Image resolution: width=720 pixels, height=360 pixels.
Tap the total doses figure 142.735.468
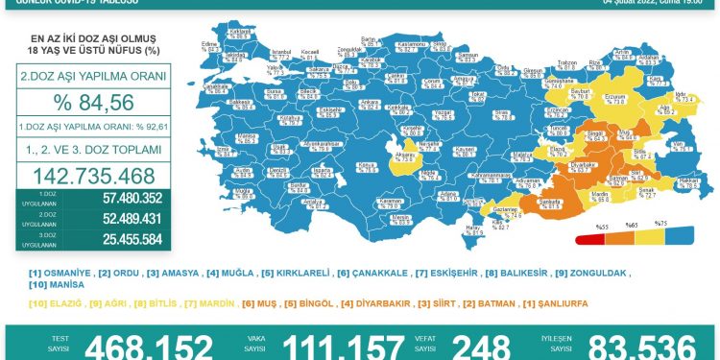[94, 178]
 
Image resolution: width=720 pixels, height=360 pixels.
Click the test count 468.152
[149, 347]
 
